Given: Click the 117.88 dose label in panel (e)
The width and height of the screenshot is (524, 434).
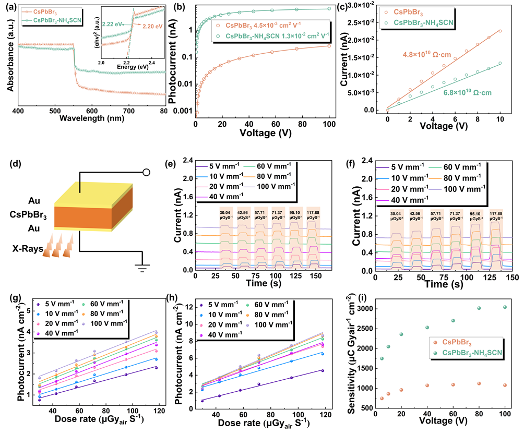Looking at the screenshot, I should tap(313, 213).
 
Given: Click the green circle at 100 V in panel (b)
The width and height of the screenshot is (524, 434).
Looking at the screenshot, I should tap(329, 8).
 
